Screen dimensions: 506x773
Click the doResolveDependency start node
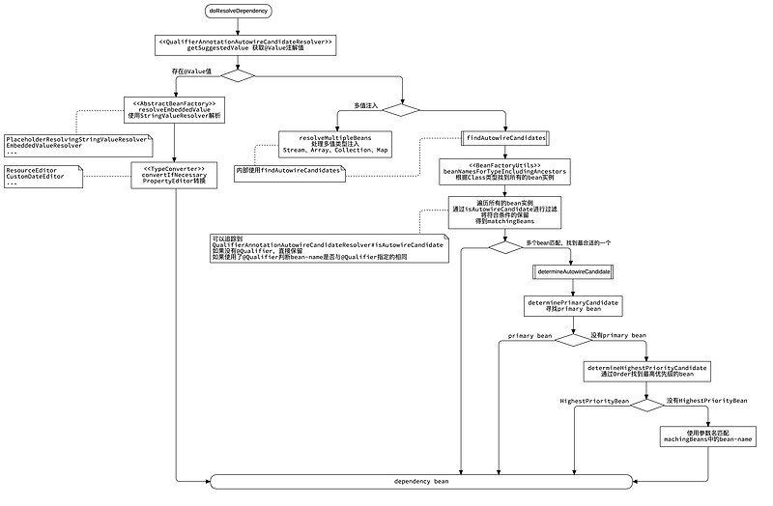(x=238, y=11)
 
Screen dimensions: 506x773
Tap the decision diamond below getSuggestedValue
(x=239, y=75)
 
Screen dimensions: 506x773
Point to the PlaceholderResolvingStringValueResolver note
(x=77, y=146)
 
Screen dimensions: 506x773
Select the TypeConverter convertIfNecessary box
(x=173, y=175)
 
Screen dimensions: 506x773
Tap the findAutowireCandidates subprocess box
(x=505, y=138)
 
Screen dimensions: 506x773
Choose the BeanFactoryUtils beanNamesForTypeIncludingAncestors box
(x=504, y=171)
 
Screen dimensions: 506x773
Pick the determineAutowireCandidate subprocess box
(x=573, y=272)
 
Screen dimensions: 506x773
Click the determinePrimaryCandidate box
(x=573, y=305)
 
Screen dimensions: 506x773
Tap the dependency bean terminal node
(x=421, y=481)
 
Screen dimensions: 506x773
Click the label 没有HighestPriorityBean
(x=706, y=400)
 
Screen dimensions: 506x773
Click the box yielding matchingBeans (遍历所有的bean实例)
(x=504, y=211)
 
